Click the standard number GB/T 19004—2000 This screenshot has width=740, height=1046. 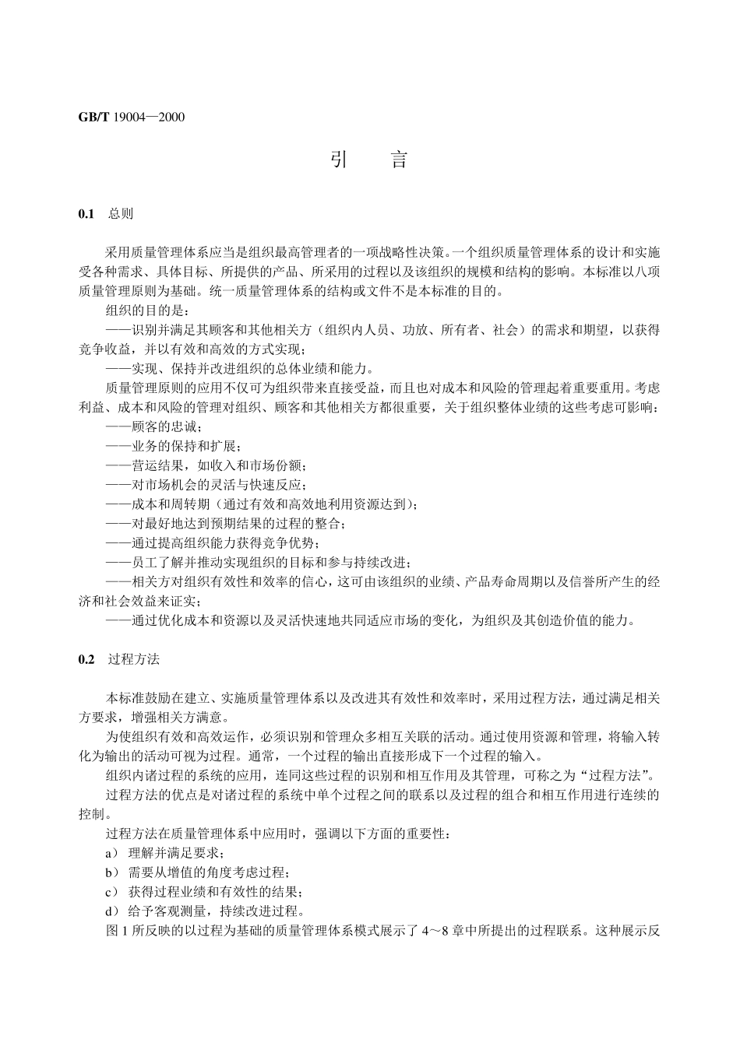pyautogui.click(x=132, y=118)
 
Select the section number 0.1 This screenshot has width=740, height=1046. pyautogui.click(x=86, y=213)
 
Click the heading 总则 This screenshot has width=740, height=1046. pyautogui.click(x=121, y=213)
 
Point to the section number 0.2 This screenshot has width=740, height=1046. pyautogui.click(x=86, y=659)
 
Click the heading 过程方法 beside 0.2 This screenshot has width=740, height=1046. pyautogui.click(x=134, y=659)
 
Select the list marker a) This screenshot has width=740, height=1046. pyautogui.click(x=111, y=853)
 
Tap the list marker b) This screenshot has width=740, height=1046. pyautogui.click(x=111, y=872)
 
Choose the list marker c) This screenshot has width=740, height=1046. pyautogui.click(x=111, y=892)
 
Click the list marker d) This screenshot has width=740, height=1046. pyautogui.click(x=111, y=911)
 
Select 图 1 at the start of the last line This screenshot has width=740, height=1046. pyautogui.click(x=115, y=931)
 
